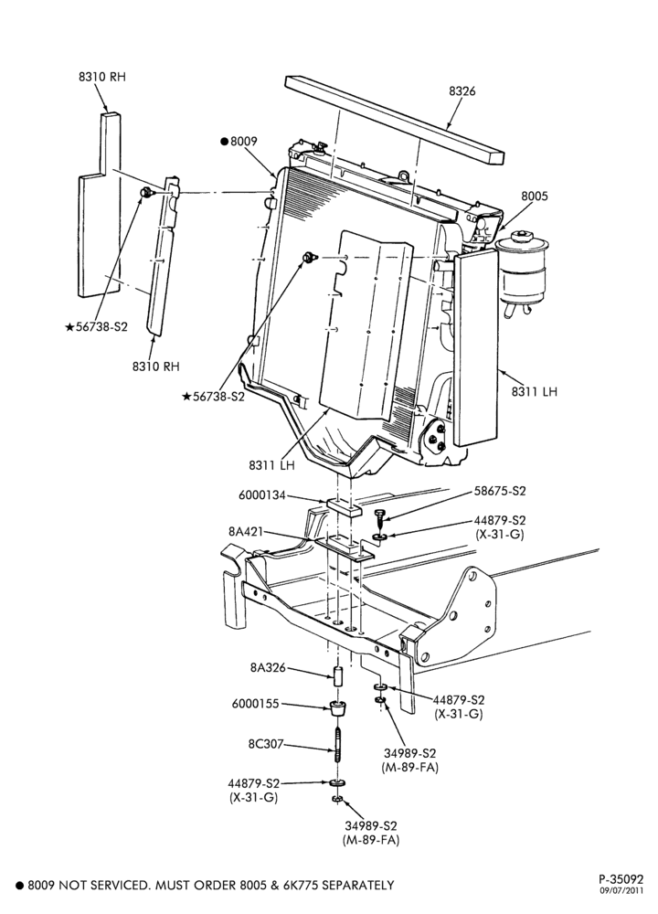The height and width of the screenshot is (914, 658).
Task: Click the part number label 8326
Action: pyautogui.click(x=462, y=90)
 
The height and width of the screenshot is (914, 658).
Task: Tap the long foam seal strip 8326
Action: pyautogui.click(x=395, y=120)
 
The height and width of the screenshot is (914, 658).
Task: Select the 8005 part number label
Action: pyautogui.click(x=535, y=196)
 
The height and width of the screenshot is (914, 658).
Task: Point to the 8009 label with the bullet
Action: pyautogui.click(x=239, y=141)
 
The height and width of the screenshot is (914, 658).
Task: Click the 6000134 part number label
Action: pyautogui.click(x=262, y=495)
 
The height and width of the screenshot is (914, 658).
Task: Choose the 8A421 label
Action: pyautogui.click(x=246, y=532)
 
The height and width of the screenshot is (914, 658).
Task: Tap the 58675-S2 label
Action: pyautogui.click(x=500, y=491)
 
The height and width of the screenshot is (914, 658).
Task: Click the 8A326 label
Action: pyautogui.click(x=268, y=667)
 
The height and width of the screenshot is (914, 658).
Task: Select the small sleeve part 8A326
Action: pyautogui.click(x=337, y=678)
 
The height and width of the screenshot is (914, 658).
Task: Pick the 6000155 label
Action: pyautogui.click(x=255, y=704)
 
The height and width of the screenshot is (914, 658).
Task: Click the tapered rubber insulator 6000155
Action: pyautogui.click(x=337, y=709)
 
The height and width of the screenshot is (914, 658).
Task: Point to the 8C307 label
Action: pyautogui.click(x=265, y=744)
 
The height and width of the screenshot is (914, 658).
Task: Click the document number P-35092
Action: pyautogui.click(x=621, y=878)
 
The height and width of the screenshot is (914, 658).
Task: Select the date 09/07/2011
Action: pyautogui.click(x=621, y=890)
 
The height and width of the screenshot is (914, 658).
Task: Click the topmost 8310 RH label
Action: pyautogui.click(x=102, y=77)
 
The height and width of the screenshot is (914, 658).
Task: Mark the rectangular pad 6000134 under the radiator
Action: pyautogui.click(x=344, y=506)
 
